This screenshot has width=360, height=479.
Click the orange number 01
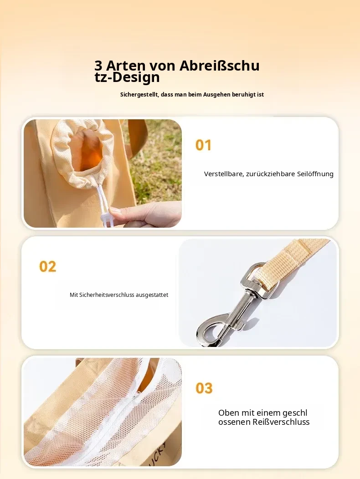point(203,145)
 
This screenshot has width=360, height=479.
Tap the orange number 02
point(48,266)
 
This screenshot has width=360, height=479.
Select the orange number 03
point(204,388)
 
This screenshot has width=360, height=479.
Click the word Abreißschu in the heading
point(219,66)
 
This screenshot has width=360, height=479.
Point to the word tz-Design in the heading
point(127,77)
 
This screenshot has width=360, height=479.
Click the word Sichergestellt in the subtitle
point(139,95)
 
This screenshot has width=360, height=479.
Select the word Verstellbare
point(223,174)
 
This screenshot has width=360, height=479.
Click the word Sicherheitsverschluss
point(107,295)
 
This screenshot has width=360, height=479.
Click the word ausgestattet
point(152,295)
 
